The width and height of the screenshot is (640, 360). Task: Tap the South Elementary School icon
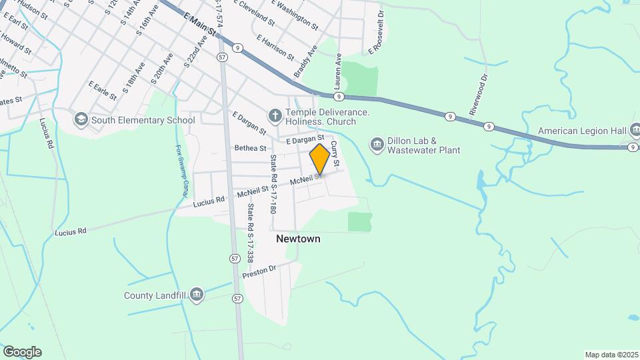[x=81, y=120]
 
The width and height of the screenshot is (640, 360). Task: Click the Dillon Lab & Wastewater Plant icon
[x=378, y=145]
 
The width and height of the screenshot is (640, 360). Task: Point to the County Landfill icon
[x=196, y=295]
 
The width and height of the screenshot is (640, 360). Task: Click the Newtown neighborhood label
[x=298, y=239]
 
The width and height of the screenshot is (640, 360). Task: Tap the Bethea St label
[x=250, y=148]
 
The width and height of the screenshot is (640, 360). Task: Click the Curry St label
[x=335, y=154]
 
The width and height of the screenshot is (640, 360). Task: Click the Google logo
[x=22, y=352]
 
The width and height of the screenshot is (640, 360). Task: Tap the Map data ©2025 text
[x=611, y=355]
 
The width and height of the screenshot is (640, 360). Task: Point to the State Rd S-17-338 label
[x=251, y=233]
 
